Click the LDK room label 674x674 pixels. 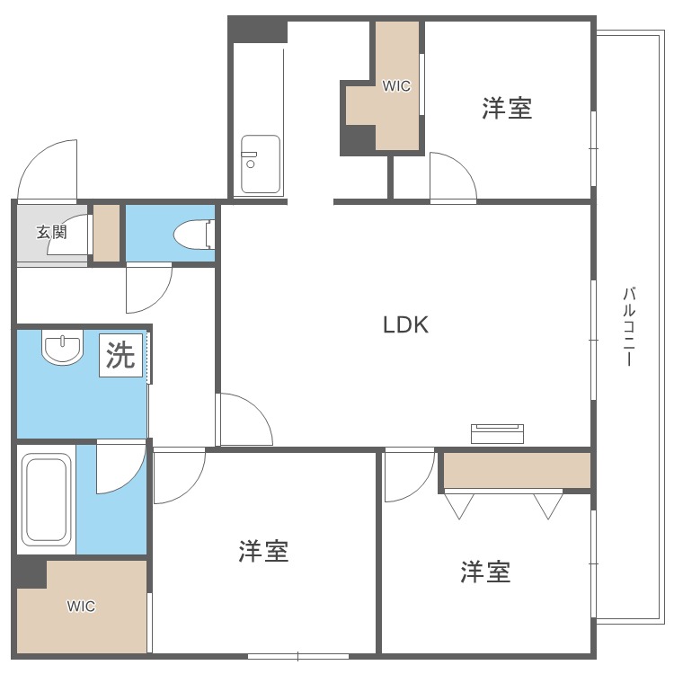tap(405, 325)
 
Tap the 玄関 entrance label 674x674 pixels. tap(51, 232)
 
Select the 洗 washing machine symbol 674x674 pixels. tap(121, 356)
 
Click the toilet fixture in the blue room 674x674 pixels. tap(191, 235)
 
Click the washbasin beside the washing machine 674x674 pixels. tap(62, 348)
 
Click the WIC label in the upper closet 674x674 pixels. tap(395, 86)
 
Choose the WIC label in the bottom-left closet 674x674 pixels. tap(81, 606)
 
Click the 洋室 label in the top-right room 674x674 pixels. tap(507, 109)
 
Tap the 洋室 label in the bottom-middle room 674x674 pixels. tap(263, 551)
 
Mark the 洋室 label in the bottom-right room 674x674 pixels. tap(486, 572)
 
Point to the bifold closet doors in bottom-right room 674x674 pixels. tap(503, 505)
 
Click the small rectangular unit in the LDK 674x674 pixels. tap(497, 432)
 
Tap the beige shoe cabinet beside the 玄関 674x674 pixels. tap(106, 233)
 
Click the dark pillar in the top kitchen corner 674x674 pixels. tap(258, 31)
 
